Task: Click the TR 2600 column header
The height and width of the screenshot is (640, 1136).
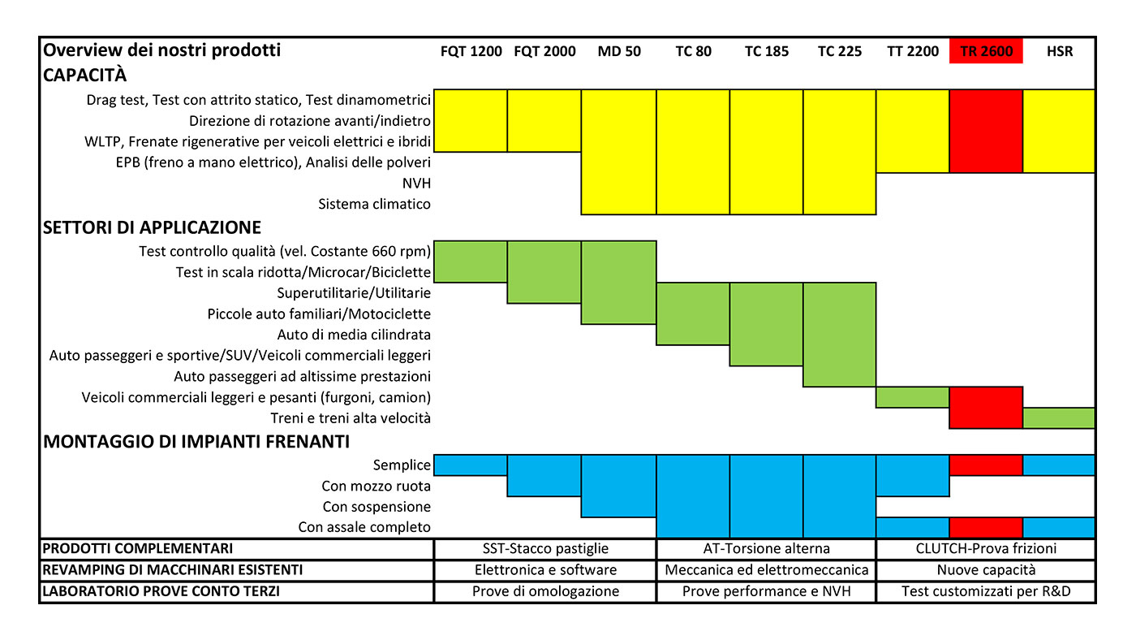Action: click(986, 51)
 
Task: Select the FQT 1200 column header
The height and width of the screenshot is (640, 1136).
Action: click(471, 51)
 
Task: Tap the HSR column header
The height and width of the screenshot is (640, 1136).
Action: click(1060, 51)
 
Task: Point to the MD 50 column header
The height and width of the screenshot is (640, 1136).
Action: click(619, 51)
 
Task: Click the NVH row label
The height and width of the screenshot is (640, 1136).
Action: click(416, 183)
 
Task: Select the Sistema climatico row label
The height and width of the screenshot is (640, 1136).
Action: click(374, 204)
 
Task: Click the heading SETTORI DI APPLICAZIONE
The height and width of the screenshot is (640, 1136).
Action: click(152, 227)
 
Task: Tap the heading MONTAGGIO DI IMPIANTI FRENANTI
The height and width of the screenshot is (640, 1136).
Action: click(196, 442)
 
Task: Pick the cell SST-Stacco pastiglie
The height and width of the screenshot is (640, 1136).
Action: click(545, 548)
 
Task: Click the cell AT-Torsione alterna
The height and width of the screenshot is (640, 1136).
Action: click(766, 548)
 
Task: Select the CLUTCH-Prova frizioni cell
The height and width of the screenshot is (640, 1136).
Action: click(986, 548)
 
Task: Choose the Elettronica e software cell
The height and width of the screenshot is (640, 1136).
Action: click(545, 569)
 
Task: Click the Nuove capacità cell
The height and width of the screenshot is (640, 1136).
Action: click(986, 569)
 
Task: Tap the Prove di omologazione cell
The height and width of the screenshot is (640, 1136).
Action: click(545, 591)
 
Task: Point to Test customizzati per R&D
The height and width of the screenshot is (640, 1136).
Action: click(986, 591)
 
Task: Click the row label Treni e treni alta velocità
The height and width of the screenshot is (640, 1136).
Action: click(351, 418)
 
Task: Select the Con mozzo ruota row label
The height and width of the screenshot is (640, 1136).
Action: click(376, 486)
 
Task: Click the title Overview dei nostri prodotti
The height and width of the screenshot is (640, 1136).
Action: click(161, 50)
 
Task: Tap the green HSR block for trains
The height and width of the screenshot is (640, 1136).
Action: click(1058, 417)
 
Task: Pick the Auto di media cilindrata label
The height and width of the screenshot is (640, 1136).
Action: click(354, 334)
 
